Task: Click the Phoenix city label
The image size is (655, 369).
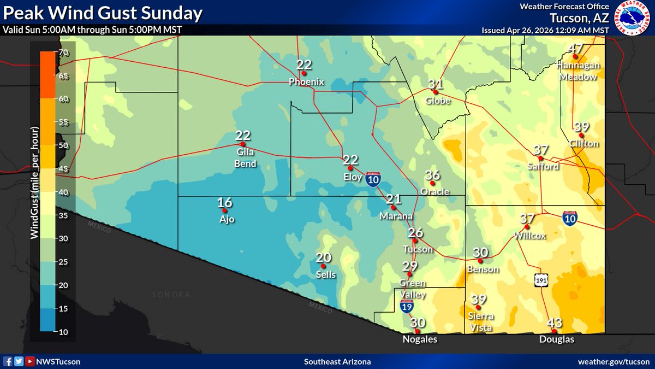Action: click(306, 82)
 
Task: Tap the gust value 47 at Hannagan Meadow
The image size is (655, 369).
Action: click(575, 49)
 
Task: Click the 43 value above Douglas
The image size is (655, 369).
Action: click(554, 323)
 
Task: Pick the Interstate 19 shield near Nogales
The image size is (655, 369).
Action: click(407, 306)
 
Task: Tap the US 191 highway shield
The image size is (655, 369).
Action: click(540, 280)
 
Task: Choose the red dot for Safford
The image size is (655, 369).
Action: click(540, 158)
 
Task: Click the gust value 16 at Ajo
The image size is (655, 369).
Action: click(225, 203)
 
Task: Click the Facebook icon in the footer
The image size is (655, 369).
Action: click(8, 361)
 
